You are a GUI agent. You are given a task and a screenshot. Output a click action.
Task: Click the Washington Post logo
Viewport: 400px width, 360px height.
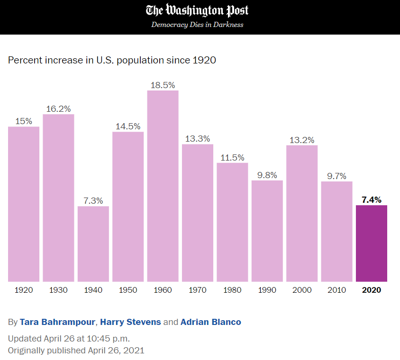[197, 10]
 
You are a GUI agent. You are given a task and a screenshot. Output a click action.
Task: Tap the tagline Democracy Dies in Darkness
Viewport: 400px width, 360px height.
[197, 25]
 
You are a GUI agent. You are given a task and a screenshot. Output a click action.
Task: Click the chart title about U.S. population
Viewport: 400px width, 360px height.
[112, 60]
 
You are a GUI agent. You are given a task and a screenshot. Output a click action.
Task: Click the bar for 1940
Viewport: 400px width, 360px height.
[93, 243]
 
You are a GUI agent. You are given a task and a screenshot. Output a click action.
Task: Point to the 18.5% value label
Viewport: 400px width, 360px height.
[163, 85]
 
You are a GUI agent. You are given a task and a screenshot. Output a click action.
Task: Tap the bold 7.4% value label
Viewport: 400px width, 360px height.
[372, 200]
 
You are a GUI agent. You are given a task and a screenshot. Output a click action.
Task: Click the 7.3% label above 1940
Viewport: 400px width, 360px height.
[93, 201]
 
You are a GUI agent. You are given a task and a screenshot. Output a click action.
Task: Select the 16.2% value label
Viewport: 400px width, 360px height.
[58, 109]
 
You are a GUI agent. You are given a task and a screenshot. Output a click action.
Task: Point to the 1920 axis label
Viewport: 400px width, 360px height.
[24, 290]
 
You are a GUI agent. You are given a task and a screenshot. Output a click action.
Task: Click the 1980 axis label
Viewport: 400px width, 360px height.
[232, 290]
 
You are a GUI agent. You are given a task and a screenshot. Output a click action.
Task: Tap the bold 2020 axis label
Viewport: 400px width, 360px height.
[372, 290]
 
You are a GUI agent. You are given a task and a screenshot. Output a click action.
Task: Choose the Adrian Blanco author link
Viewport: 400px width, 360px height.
[211, 322]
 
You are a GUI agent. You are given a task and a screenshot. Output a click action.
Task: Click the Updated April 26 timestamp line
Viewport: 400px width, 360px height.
[69, 339]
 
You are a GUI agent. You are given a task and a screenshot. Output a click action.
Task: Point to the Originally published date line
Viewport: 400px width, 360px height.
[76, 351]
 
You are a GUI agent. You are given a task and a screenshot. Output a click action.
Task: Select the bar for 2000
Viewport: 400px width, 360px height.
[302, 213]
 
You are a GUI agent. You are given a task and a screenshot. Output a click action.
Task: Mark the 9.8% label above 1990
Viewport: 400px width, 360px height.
[267, 175]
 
